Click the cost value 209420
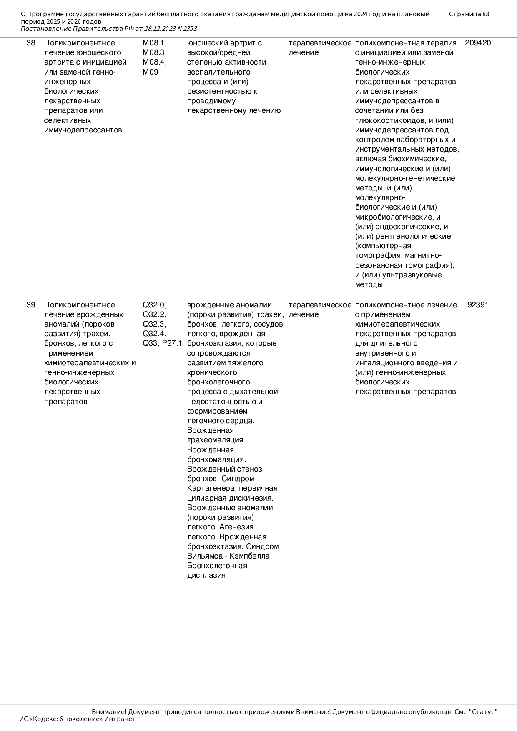(x=478, y=43)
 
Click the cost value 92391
(x=478, y=305)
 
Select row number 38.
(x=32, y=43)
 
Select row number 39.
(x=32, y=305)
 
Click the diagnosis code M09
(x=151, y=72)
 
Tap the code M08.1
(x=154, y=43)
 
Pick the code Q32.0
(x=154, y=305)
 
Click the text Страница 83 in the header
(x=469, y=14)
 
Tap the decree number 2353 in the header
(x=190, y=29)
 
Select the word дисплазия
(x=206, y=576)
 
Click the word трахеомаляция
(x=216, y=440)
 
